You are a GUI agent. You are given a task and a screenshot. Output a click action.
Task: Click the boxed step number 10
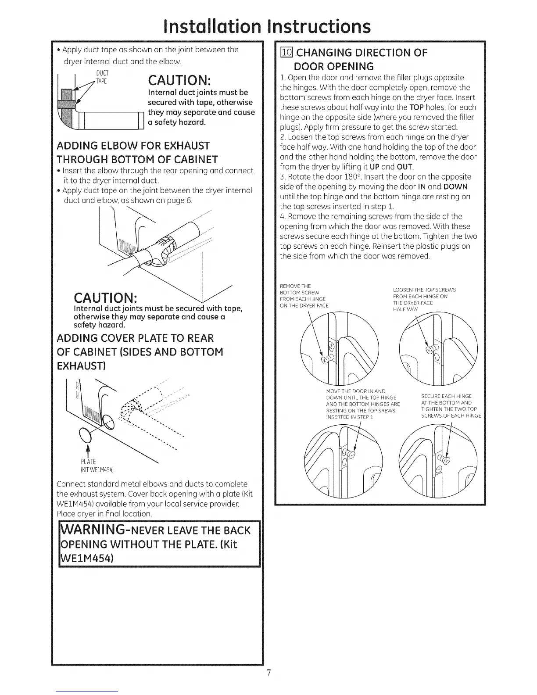[286, 53]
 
